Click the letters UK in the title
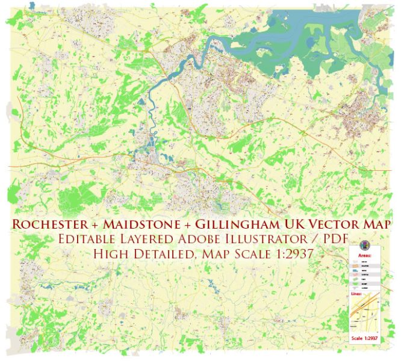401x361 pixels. [x=291, y=224]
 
